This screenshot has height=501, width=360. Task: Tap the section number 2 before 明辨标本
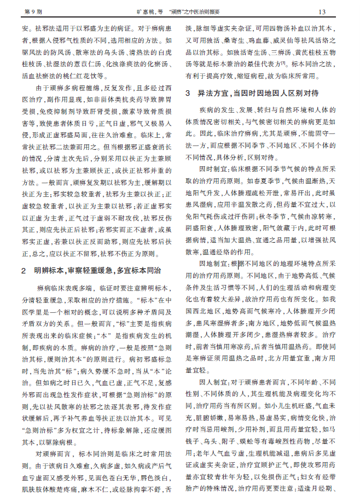coord(24,270)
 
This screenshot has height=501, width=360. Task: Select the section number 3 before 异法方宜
coord(188,93)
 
